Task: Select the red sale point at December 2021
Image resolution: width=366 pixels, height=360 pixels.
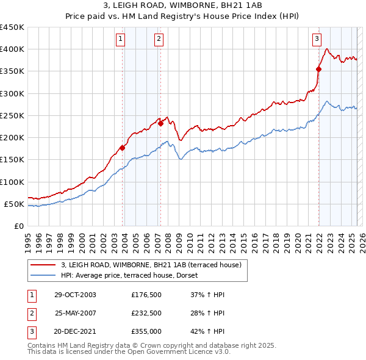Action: (x=318, y=69)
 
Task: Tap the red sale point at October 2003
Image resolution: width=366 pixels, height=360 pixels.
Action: (x=123, y=148)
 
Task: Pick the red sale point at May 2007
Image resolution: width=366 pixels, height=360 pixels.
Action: (x=160, y=123)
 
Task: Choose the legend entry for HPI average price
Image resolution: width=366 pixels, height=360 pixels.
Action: (x=134, y=275)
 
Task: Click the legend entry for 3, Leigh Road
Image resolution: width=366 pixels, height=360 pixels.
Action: (x=152, y=265)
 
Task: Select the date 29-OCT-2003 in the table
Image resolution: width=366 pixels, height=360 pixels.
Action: (x=75, y=295)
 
